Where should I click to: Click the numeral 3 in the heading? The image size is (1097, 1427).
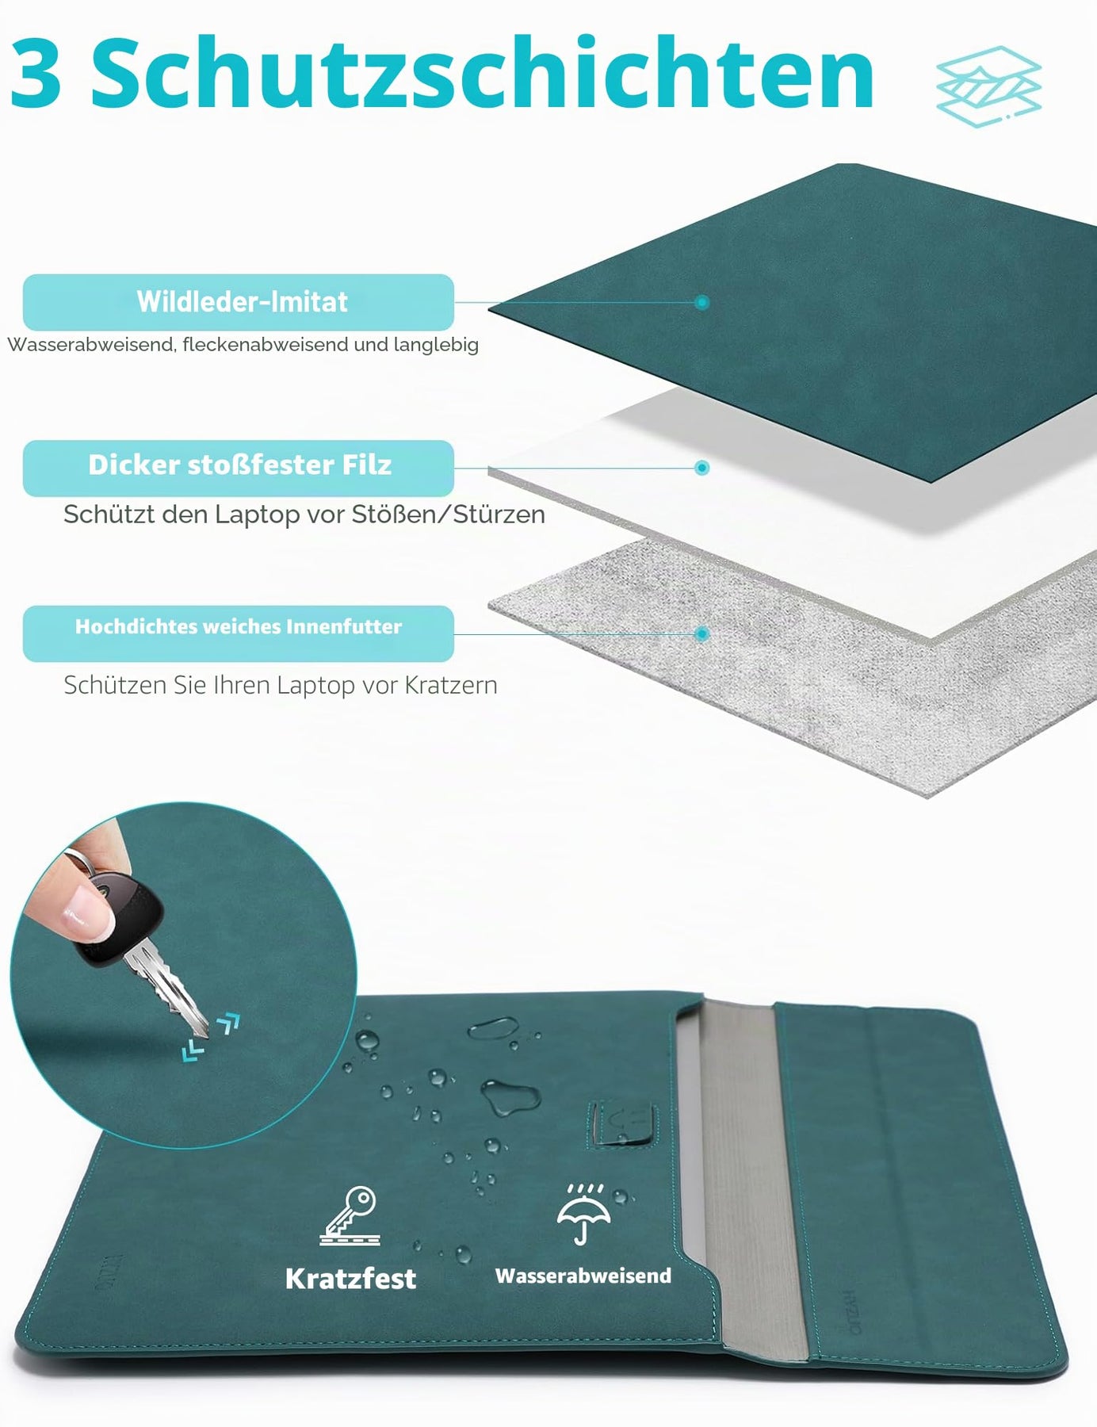point(36,74)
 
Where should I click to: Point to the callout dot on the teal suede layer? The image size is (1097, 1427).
point(701,302)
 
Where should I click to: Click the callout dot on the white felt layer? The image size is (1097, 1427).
point(701,468)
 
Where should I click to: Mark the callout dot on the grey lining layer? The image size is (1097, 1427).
point(701,634)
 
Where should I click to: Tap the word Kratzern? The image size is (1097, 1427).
point(451,685)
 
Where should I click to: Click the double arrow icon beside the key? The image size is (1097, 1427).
point(210,1037)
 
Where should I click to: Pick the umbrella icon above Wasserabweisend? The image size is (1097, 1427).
point(583,1214)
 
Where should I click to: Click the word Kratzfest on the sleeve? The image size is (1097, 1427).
point(350,1279)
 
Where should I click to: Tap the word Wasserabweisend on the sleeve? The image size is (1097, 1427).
point(583,1276)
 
